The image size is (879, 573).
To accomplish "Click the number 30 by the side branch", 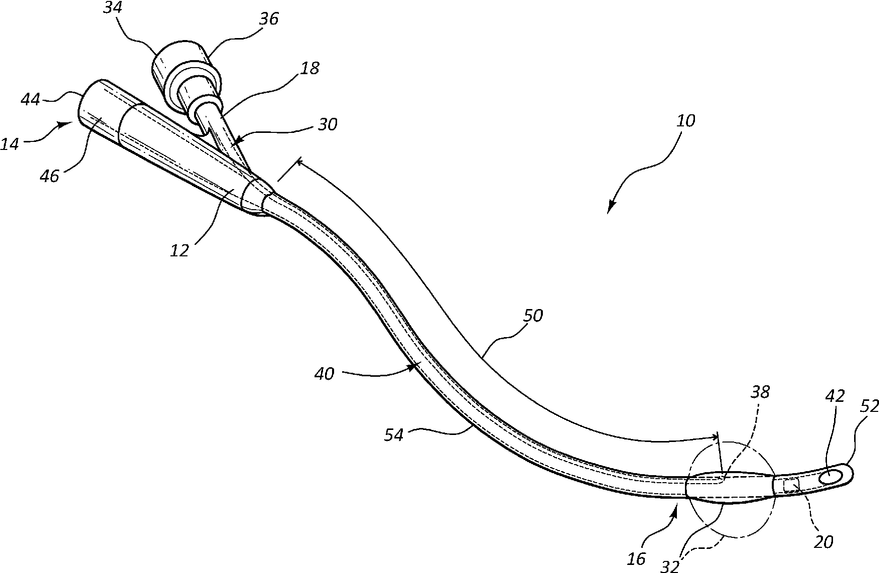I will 326,124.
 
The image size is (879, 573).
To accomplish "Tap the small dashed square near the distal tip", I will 790,486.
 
